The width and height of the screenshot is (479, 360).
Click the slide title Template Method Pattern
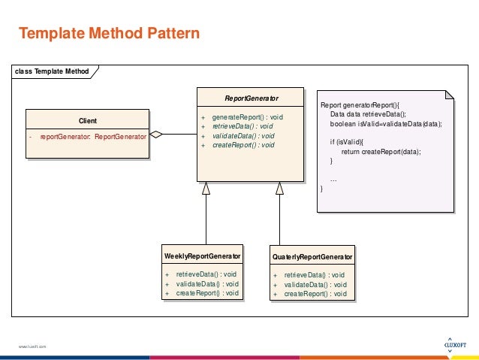point(109,33)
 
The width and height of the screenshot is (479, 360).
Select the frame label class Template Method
point(51,71)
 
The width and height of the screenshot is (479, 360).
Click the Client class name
point(87,120)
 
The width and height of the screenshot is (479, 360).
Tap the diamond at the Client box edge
point(156,135)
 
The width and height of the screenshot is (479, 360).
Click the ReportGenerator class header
point(252,98)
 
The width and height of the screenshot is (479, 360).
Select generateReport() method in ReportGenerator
point(247,117)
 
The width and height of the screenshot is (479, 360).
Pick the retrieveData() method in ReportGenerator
point(243,126)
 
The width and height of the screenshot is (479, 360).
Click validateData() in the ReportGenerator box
point(243,135)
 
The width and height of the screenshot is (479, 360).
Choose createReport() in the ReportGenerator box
point(243,144)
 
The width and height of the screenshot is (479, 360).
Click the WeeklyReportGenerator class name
point(203,256)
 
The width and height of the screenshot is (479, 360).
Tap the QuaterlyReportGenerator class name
point(312,257)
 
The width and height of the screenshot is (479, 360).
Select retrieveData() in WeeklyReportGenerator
point(206,274)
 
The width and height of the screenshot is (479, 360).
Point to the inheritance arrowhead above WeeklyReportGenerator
point(206,188)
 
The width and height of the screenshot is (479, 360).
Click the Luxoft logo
point(449,342)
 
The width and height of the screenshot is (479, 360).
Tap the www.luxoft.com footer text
point(33,346)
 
